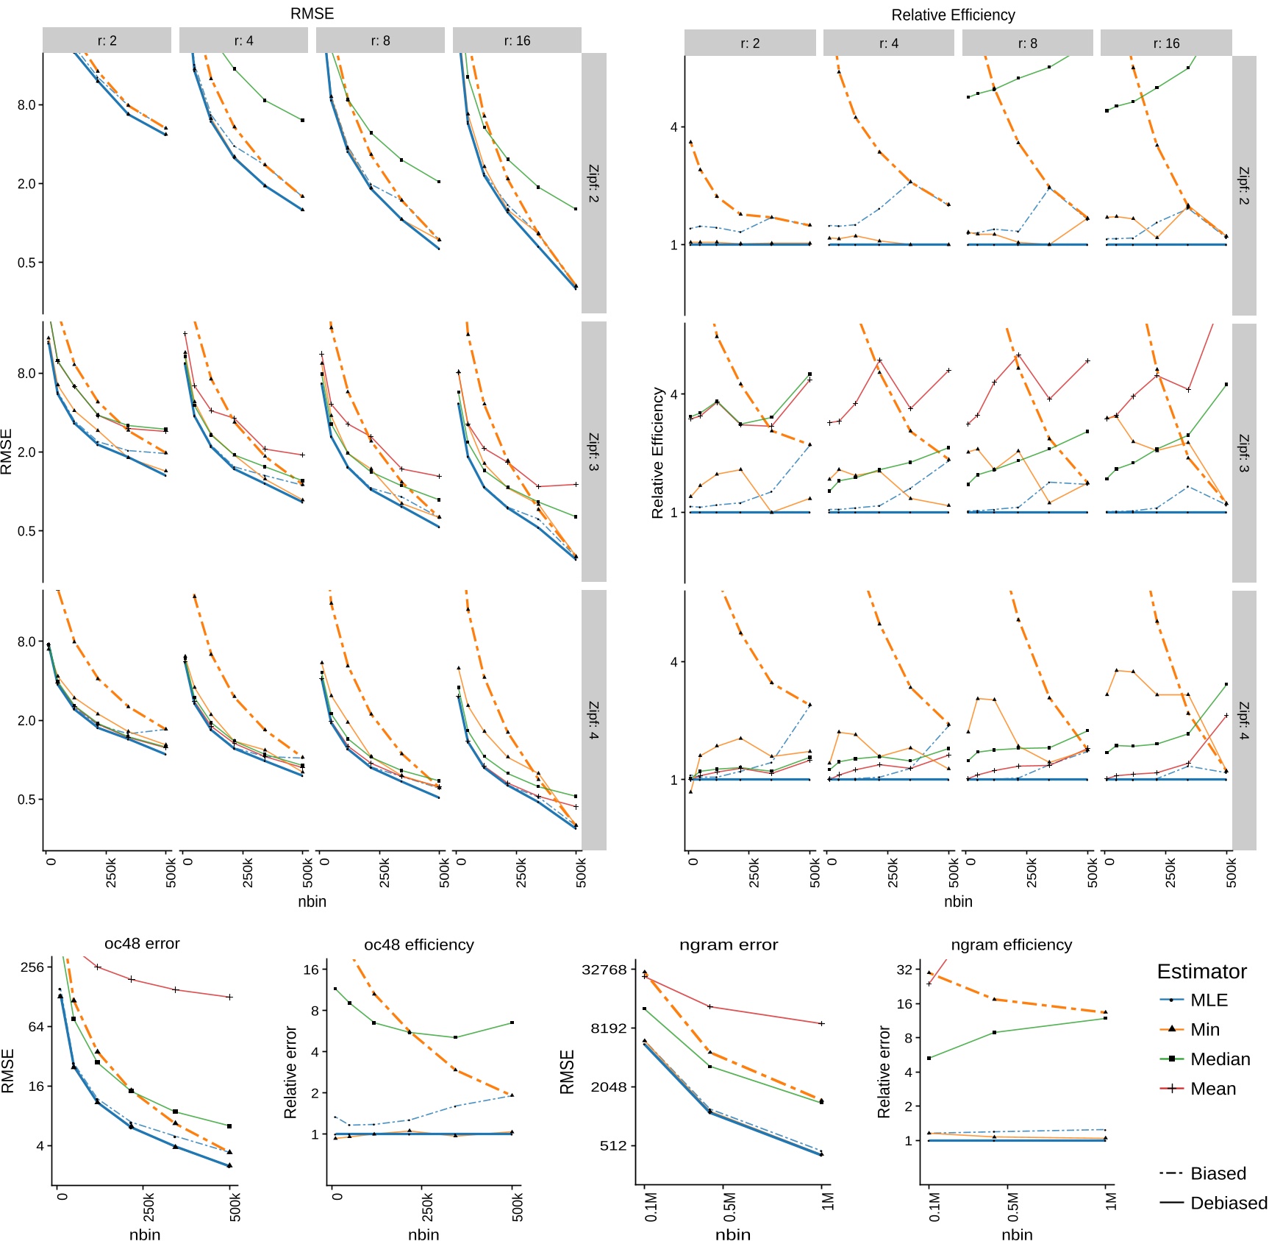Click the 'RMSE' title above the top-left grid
312,13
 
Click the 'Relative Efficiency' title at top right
953,15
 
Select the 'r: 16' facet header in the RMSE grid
517,40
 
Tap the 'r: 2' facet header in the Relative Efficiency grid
749,43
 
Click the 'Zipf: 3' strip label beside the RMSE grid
593,452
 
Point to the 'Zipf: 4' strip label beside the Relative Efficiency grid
1243,720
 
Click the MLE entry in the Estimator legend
1208,1000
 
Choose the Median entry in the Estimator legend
1219,1059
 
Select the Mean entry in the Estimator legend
1212,1088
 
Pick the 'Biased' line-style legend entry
1218,1173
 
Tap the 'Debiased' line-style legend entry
1228,1203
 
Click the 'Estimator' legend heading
1201,971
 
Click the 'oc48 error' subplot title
142,943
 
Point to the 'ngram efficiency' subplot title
1011,945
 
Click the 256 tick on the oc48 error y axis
32,967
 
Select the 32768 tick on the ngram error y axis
604,969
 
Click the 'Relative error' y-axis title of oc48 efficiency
290,1072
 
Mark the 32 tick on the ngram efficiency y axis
904,969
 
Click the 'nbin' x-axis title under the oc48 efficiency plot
423,1234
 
